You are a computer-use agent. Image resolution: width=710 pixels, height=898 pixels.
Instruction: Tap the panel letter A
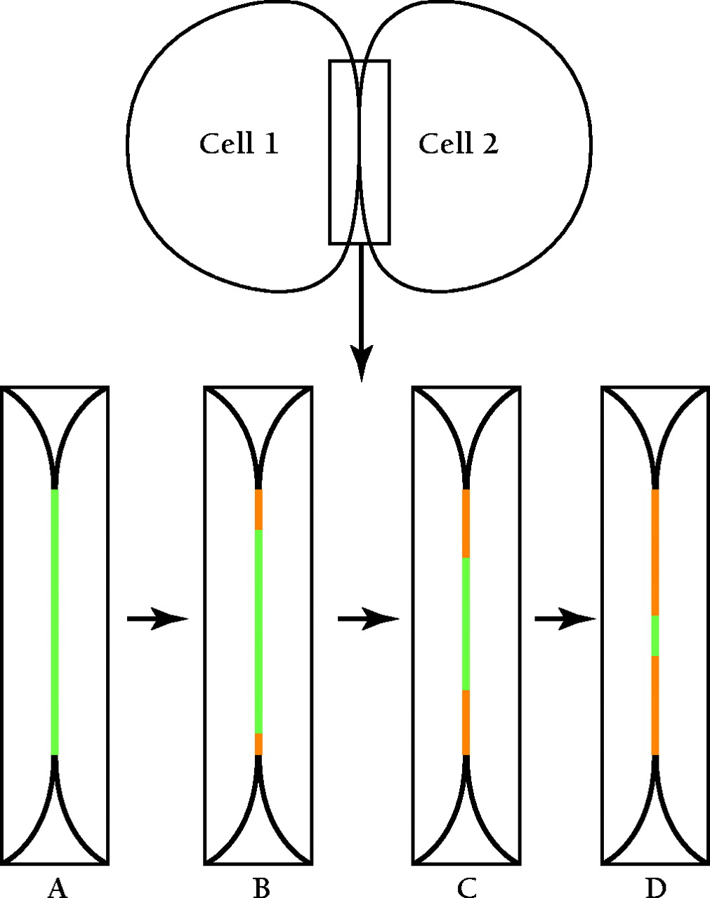(57, 888)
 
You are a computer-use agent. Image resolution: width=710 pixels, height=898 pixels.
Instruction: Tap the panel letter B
(261, 888)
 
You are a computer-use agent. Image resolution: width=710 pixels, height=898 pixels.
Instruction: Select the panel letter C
(466, 888)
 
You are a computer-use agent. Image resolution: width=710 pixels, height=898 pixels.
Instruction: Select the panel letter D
(655, 888)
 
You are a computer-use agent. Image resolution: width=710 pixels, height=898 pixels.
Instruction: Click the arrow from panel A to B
(157, 619)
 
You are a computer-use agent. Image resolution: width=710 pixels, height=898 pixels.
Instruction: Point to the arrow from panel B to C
(368, 619)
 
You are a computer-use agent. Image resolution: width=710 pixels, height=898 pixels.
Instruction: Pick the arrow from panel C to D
(565, 619)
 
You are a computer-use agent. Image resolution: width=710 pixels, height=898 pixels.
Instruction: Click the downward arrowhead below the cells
(361, 361)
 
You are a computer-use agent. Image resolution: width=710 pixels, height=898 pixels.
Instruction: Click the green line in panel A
(55, 622)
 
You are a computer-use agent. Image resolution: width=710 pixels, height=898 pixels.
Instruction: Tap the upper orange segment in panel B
(258, 509)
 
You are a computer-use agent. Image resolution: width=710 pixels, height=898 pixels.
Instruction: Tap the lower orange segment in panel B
(258, 744)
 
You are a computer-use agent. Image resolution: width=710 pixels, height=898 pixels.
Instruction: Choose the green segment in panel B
(258, 631)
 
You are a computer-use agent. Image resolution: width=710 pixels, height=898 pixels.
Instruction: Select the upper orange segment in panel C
(466, 523)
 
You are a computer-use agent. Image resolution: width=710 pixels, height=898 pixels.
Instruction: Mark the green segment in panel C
(466, 624)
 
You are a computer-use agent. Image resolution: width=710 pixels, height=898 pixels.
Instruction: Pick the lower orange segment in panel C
(466, 723)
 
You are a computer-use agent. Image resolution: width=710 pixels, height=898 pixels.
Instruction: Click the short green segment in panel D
(655, 636)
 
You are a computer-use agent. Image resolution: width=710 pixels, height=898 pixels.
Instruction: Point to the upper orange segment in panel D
(655, 552)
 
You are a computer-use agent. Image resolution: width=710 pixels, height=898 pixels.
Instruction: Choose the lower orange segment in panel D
(655, 705)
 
